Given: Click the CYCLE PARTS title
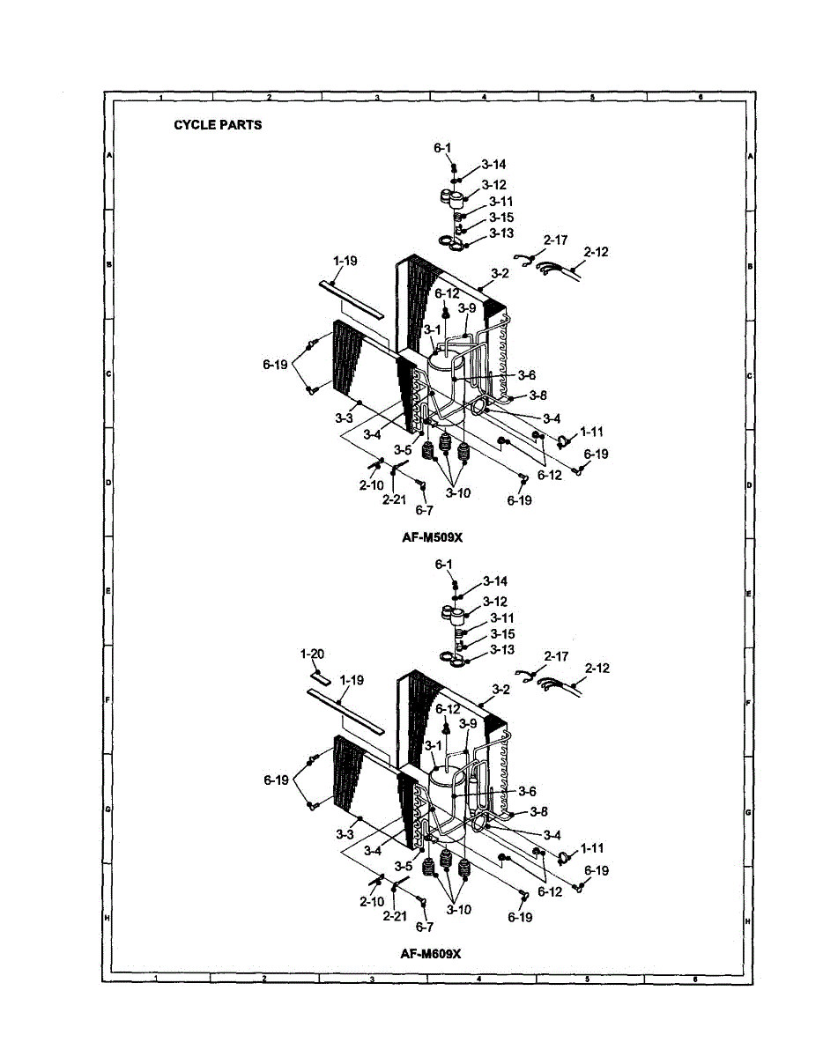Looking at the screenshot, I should (218, 125).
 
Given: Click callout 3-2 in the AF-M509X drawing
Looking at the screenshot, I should (500, 274).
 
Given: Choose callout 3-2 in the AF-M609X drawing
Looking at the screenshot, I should (500, 690).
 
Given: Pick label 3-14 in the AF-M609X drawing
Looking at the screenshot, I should (494, 581).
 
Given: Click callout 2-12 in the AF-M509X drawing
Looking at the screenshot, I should (596, 252).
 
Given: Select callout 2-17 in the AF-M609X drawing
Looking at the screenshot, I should (556, 656).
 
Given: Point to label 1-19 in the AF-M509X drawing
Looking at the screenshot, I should (345, 261).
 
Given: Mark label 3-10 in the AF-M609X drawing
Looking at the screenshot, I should (458, 910).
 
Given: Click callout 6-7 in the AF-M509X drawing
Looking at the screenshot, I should (425, 510).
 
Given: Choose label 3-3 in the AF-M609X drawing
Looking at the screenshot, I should (345, 833).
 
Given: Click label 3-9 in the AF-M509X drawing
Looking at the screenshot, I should (467, 307).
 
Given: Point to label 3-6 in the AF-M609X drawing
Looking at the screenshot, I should (527, 791).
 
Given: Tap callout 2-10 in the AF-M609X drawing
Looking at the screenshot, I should (371, 901).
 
